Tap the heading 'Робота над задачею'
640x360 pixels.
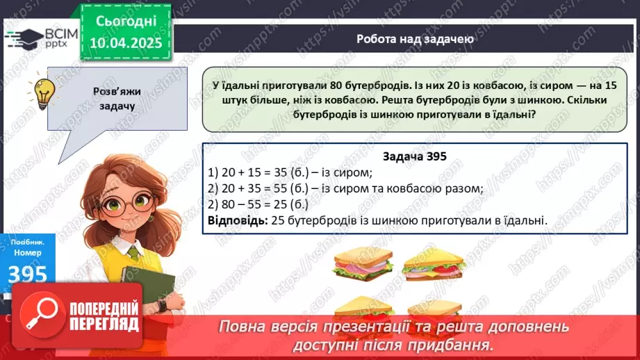point(415,39)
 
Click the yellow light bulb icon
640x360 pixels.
point(45,90)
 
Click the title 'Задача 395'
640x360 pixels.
point(415,157)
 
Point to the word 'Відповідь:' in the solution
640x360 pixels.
point(236,221)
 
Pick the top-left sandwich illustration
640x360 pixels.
point(363,263)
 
